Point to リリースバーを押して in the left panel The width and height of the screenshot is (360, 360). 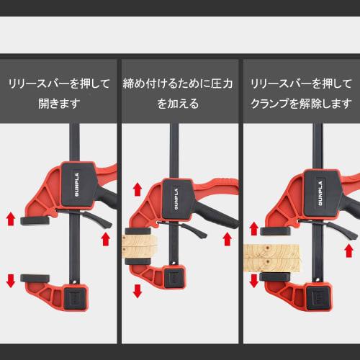[x=58, y=84]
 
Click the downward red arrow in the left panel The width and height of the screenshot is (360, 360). [x=11, y=279]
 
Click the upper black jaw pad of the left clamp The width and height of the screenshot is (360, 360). [x=35, y=219]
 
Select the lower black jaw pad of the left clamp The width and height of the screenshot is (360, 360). [x=36, y=276]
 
